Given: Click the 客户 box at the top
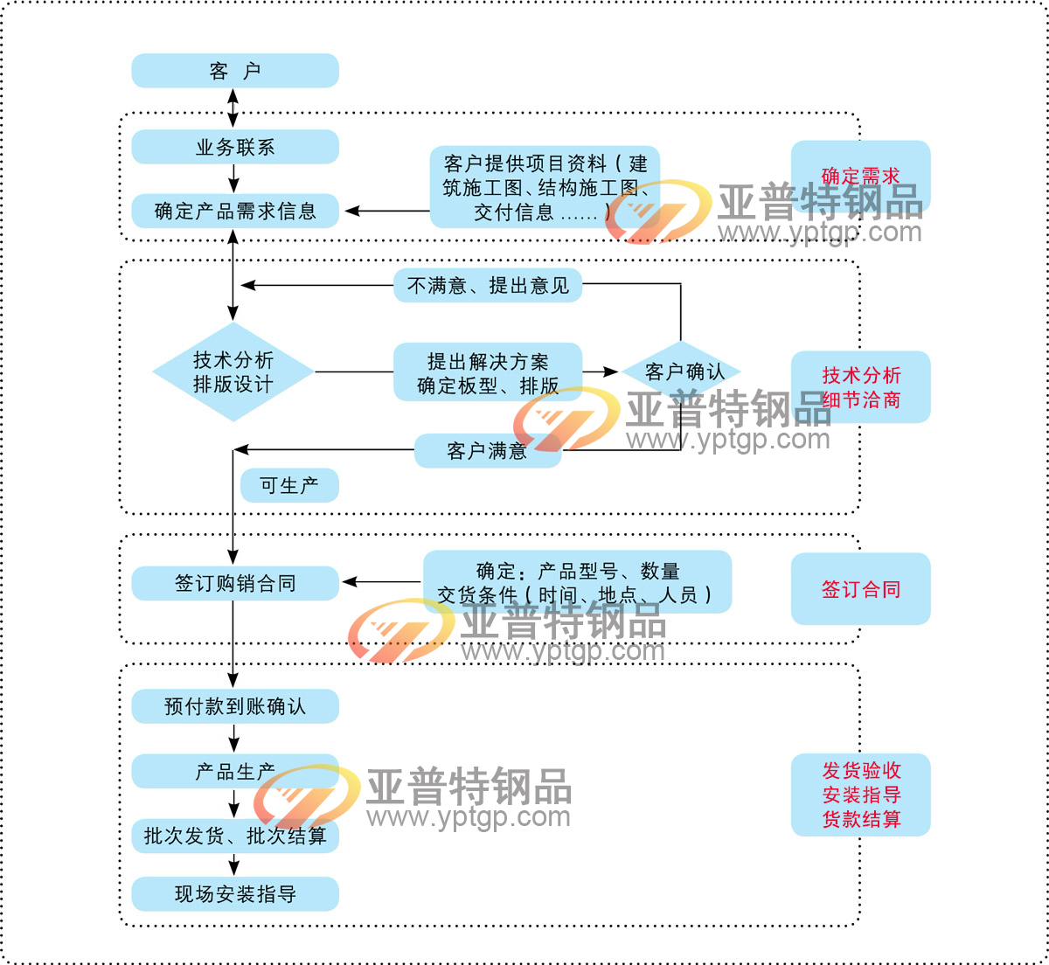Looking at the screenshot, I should tap(234, 71).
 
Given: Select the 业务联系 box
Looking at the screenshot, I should tap(234, 147).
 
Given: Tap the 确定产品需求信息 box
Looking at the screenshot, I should tap(234, 211).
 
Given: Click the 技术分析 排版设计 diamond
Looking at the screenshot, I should tap(233, 372).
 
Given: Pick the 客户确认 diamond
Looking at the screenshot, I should tap(682, 372).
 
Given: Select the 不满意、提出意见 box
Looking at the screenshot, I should tap(488, 286).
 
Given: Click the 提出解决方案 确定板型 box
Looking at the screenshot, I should tap(488, 372).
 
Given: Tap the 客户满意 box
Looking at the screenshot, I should tap(487, 451).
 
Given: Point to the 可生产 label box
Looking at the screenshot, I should tap(289, 485).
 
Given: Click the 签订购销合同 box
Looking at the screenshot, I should tap(234, 583).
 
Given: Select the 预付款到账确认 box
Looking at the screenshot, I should tap(234, 706).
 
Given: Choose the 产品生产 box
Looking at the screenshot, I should tap(234, 772).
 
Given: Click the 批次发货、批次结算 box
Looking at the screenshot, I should tap(234, 837).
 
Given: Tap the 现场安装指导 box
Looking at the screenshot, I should tap(234, 894).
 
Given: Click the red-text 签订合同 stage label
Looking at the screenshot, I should tap(860, 589).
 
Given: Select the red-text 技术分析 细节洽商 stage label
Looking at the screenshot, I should tap(860, 387).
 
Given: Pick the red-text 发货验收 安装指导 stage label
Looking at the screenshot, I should tap(860, 795).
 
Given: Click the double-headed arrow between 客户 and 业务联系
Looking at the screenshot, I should tap(233, 108).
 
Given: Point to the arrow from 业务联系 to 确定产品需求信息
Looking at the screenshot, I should tap(233, 178).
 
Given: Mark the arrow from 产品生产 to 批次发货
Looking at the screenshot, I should tap(233, 804).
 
